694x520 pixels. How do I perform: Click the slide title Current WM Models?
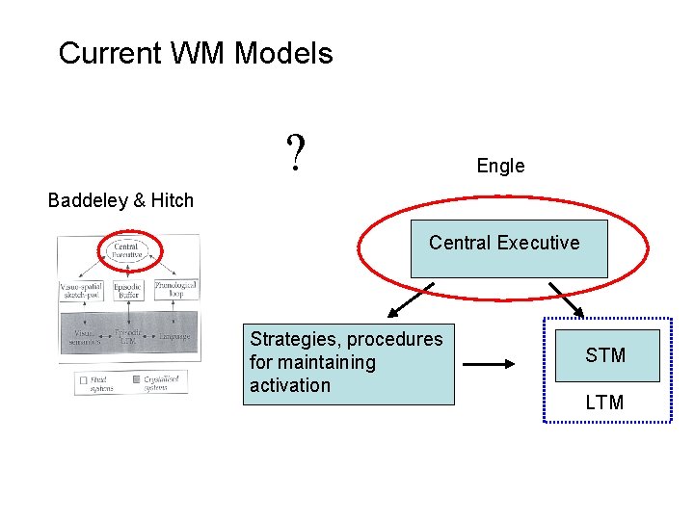(x=196, y=53)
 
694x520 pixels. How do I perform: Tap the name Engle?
(x=500, y=166)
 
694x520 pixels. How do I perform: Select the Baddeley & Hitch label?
(x=120, y=200)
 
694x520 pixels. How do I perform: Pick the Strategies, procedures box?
(x=347, y=363)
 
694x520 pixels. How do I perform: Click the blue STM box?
(x=606, y=355)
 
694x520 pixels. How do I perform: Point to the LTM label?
(x=604, y=403)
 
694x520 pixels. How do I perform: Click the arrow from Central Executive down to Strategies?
(x=410, y=299)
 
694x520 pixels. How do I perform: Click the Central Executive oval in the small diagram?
(x=126, y=252)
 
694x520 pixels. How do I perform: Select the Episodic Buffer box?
(x=127, y=289)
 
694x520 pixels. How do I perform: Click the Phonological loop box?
(x=175, y=289)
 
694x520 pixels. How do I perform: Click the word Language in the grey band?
(x=174, y=336)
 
